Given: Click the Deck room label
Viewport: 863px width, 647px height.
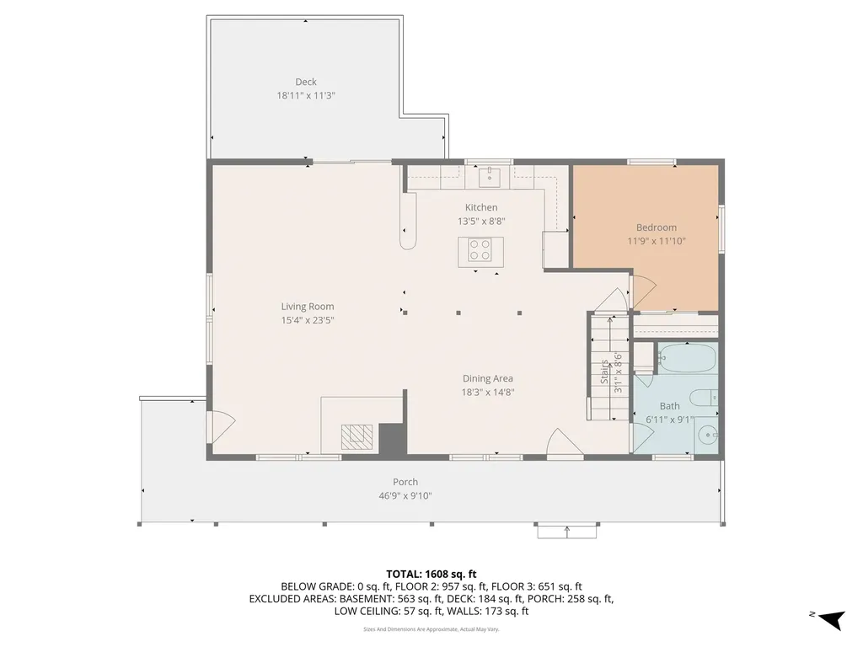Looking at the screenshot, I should point(306,82).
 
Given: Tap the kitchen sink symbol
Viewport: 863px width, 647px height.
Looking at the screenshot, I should point(490,177).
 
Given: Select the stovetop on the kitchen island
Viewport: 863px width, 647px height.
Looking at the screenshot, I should point(480,251).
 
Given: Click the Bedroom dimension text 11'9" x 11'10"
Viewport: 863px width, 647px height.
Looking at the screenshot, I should point(657,241).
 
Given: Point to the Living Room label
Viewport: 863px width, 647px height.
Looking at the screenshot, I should point(308,307).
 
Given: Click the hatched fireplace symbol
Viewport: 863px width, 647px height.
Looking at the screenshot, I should point(355,435).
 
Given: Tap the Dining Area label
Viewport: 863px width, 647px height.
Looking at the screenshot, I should point(487,378).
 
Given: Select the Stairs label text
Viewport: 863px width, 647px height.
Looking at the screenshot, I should point(604,372).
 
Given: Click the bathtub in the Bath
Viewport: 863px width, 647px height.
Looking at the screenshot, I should point(686,360).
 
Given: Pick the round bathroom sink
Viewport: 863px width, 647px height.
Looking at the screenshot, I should point(708,436).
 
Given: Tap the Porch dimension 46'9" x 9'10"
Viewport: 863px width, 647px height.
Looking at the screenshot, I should point(405,496).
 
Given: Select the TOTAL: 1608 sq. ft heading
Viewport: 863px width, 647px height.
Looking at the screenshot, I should point(431,574).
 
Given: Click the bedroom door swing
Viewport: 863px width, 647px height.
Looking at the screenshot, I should point(641,291).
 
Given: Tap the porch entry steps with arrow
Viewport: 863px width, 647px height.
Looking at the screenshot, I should point(566,531).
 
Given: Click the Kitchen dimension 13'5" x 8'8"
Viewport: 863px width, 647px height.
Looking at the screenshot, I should point(481,222).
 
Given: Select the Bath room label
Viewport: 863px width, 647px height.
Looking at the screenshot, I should point(669,405).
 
